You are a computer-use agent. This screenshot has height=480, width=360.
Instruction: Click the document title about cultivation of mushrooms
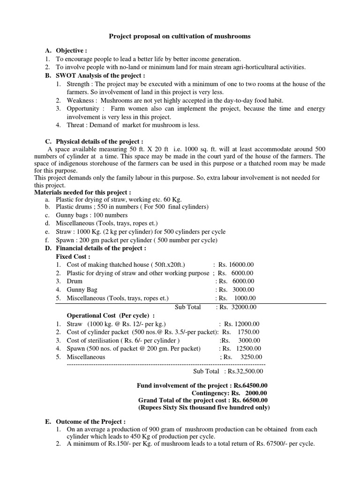[180, 36]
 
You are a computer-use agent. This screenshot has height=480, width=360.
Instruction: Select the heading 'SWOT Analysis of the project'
[100, 75]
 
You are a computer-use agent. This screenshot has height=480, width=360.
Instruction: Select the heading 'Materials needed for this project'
[83, 192]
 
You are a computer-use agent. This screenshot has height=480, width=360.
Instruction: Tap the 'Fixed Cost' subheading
[73, 256]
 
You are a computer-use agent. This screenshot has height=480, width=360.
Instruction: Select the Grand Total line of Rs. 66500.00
[202, 400]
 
